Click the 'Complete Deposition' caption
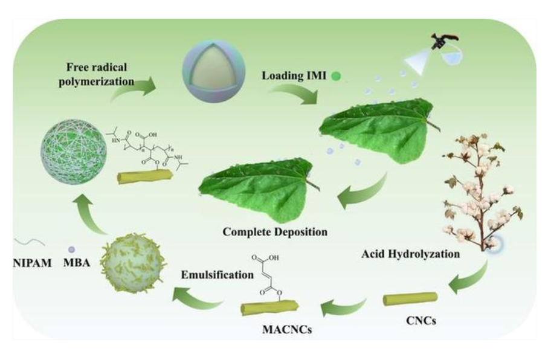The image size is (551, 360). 266,232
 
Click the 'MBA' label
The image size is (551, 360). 76,264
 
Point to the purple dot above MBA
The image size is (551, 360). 71,249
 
